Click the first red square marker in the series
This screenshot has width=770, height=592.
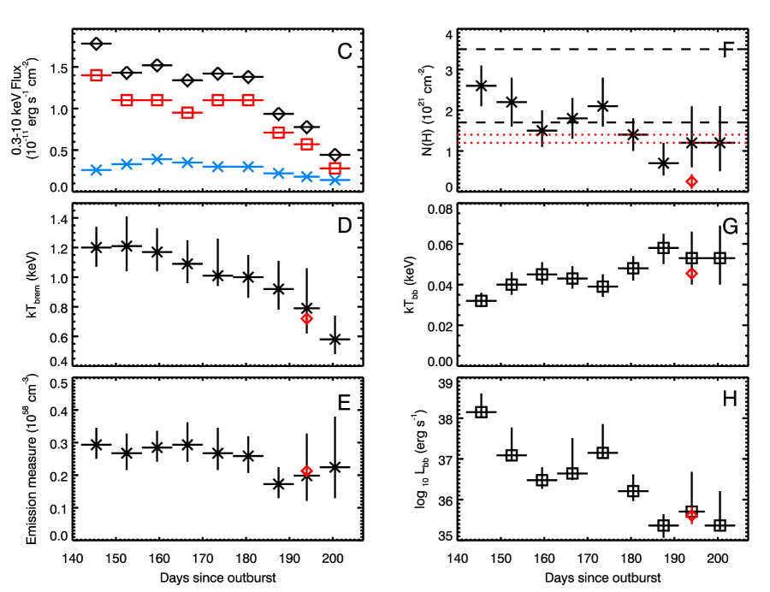(97, 75)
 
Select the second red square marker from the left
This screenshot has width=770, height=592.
(127, 100)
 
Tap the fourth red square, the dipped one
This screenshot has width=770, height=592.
(187, 112)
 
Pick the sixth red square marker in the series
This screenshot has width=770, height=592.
(248, 100)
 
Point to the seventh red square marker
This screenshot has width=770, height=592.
(278, 133)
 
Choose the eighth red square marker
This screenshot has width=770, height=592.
(307, 144)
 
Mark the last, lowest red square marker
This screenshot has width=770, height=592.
(335, 168)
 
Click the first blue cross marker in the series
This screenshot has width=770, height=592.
(96, 170)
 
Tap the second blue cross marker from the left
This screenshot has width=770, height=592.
(127, 164)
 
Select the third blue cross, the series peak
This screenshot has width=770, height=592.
(157, 159)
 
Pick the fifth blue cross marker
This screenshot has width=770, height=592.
(217, 167)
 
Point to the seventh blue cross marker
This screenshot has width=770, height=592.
(278, 174)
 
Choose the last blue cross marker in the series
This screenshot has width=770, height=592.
(335, 181)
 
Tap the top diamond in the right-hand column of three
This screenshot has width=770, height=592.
(691, 181)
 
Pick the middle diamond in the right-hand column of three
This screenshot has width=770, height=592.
(691, 274)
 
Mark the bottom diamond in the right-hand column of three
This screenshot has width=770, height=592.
(691, 516)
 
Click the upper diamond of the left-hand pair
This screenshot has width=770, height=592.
(307, 319)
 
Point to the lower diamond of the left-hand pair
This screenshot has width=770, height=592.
(307, 471)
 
